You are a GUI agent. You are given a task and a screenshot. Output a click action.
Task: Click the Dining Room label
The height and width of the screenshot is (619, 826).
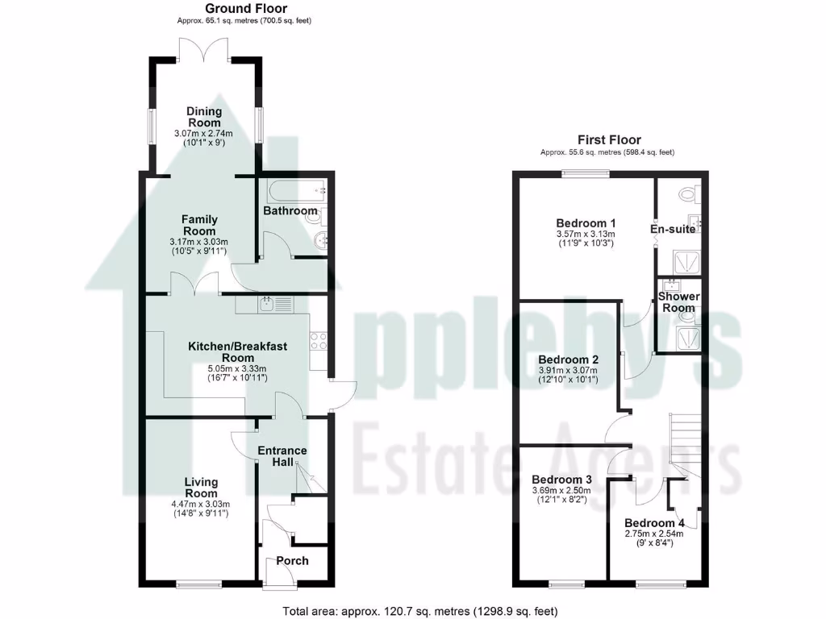pyautogui.click(x=203, y=117)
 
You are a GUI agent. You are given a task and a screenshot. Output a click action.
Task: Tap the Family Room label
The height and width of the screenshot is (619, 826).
pyautogui.click(x=199, y=225)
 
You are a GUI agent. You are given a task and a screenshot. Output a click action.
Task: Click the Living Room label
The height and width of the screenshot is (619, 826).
pyautogui.click(x=201, y=488)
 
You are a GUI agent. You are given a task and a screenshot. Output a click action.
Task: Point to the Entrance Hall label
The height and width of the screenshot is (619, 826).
pyautogui.click(x=282, y=456)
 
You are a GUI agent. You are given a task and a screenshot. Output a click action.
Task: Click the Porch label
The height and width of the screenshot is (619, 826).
pyautogui.click(x=292, y=561)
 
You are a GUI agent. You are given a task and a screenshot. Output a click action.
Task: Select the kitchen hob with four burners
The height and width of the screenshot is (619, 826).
pyautogui.click(x=319, y=339)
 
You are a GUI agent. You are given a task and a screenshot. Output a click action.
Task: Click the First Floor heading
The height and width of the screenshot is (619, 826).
pyautogui.click(x=609, y=139)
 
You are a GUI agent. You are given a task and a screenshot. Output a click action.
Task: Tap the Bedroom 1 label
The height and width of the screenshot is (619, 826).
pyautogui.click(x=586, y=223)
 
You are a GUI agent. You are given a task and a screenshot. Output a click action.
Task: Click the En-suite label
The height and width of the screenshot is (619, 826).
pyautogui.click(x=673, y=230)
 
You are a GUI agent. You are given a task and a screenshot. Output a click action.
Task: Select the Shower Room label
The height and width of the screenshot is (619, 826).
pyautogui.click(x=678, y=302)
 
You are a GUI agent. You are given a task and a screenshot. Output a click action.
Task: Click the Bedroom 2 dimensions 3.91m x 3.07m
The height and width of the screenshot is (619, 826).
pyautogui.click(x=568, y=370)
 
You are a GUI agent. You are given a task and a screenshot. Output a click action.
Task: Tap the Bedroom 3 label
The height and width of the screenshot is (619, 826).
pyautogui.click(x=561, y=479)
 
